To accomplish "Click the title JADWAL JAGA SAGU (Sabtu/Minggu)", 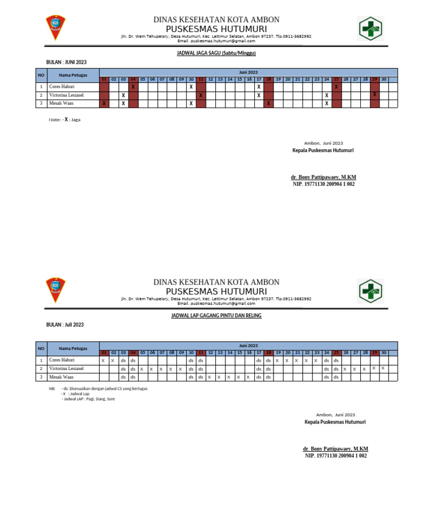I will tap(216, 54).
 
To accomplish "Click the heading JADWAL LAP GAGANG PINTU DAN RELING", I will tap(216, 316).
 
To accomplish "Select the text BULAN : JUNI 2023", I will tap(66, 62).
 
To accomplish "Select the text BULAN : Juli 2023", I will tap(65, 324).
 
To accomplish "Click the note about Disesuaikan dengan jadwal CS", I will tap(104, 389).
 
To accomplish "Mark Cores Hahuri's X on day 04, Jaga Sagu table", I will tap(133, 87).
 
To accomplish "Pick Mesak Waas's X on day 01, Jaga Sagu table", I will tap(104, 104).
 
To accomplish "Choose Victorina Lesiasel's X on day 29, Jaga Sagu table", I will tap(374, 95).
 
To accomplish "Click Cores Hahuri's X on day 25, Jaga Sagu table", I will tap(336, 87).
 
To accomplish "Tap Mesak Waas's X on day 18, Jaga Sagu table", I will tap(268, 104).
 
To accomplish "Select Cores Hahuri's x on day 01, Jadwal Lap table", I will tap(104, 361).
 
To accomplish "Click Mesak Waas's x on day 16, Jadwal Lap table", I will tap(248, 377).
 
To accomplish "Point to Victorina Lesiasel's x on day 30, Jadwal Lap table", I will tap(383, 368).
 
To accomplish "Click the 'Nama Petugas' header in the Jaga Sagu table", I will tap(72, 75).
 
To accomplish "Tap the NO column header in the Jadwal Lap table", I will tap(41, 349).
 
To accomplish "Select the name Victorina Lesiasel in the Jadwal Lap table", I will tap(66, 368).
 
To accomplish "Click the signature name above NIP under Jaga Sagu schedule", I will tap(323, 177).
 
